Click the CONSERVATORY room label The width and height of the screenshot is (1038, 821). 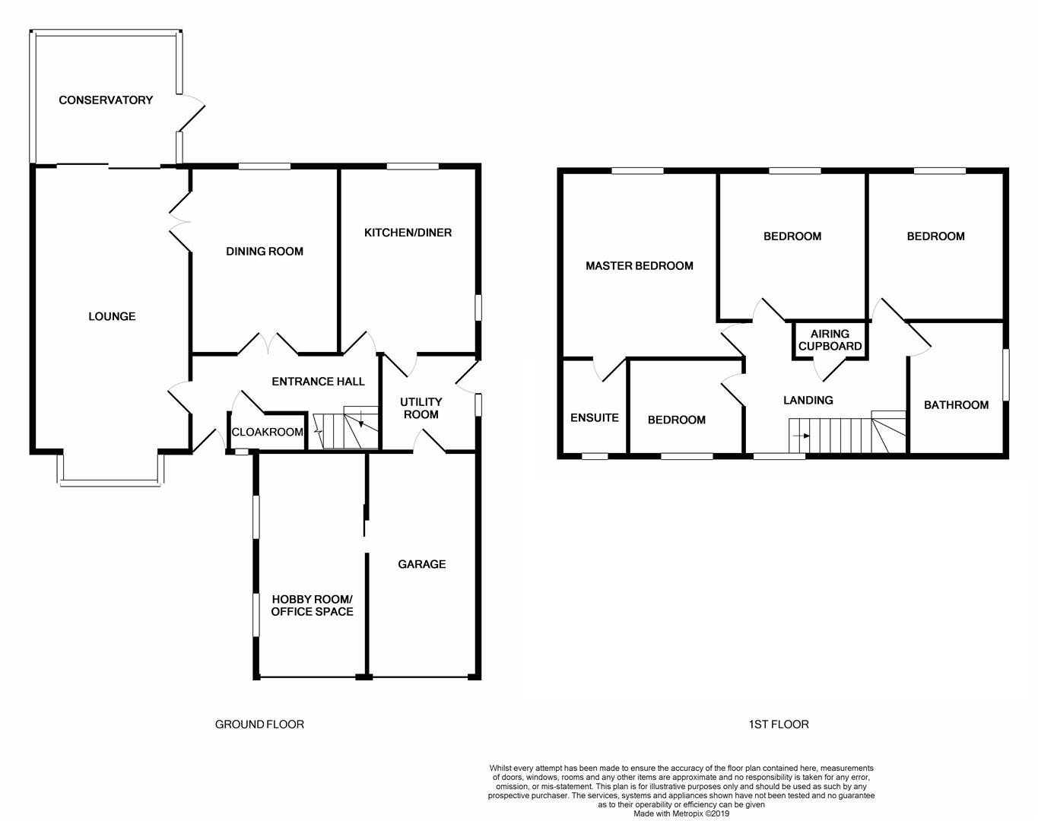(x=106, y=100)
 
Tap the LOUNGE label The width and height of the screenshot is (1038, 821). (x=112, y=316)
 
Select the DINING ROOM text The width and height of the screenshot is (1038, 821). (x=265, y=252)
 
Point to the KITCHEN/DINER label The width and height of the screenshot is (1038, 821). (x=408, y=233)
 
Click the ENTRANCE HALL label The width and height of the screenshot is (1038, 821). (x=318, y=382)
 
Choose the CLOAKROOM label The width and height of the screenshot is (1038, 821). (x=267, y=432)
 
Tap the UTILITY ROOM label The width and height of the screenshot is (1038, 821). (x=421, y=408)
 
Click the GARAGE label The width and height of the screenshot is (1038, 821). (x=422, y=564)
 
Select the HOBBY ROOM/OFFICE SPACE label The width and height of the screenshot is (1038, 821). (x=312, y=605)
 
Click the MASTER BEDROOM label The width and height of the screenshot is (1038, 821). (x=639, y=266)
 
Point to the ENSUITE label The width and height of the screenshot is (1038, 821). (x=594, y=417)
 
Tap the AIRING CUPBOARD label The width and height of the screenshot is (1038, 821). (x=830, y=340)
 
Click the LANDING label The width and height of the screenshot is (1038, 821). (x=808, y=400)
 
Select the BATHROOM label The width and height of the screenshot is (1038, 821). (x=956, y=405)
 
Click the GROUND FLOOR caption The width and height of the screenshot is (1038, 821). (x=259, y=724)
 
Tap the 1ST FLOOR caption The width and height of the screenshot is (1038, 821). (x=778, y=724)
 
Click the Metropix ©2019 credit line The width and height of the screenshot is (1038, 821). (x=681, y=813)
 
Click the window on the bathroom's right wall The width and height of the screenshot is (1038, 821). (x=1005, y=374)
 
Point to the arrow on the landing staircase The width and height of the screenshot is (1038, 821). (x=801, y=436)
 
